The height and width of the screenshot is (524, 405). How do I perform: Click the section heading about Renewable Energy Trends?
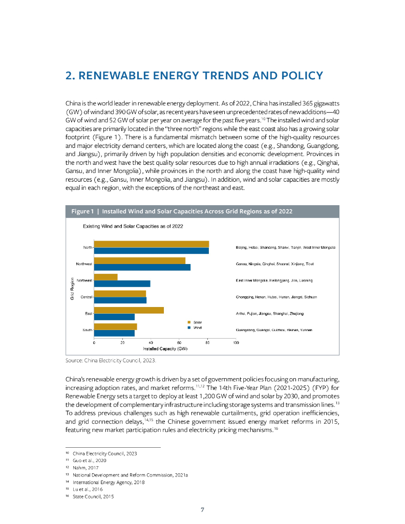(x=194, y=76)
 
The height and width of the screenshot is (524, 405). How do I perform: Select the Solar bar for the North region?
(x=151, y=244)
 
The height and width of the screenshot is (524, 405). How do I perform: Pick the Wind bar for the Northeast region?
(x=122, y=283)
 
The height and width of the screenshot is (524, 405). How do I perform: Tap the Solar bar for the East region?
(x=129, y=310)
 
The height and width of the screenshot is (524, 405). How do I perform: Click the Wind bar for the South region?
(x=114, y=333)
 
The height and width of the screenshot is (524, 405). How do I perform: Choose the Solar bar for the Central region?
(x=120, y=293)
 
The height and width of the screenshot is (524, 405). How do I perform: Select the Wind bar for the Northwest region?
(x=142, y=267)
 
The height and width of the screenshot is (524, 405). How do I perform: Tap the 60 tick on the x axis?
(x=179, y=342)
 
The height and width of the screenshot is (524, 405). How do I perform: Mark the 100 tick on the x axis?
(x=236, y=342)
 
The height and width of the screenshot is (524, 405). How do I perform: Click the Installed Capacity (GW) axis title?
(x=165, y=348)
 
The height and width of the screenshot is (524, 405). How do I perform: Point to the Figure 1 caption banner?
(x=202, y=211)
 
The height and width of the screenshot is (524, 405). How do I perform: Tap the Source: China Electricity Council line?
(x=111, y=360)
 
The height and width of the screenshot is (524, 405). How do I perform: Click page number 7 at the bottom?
(x=202, y=510)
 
